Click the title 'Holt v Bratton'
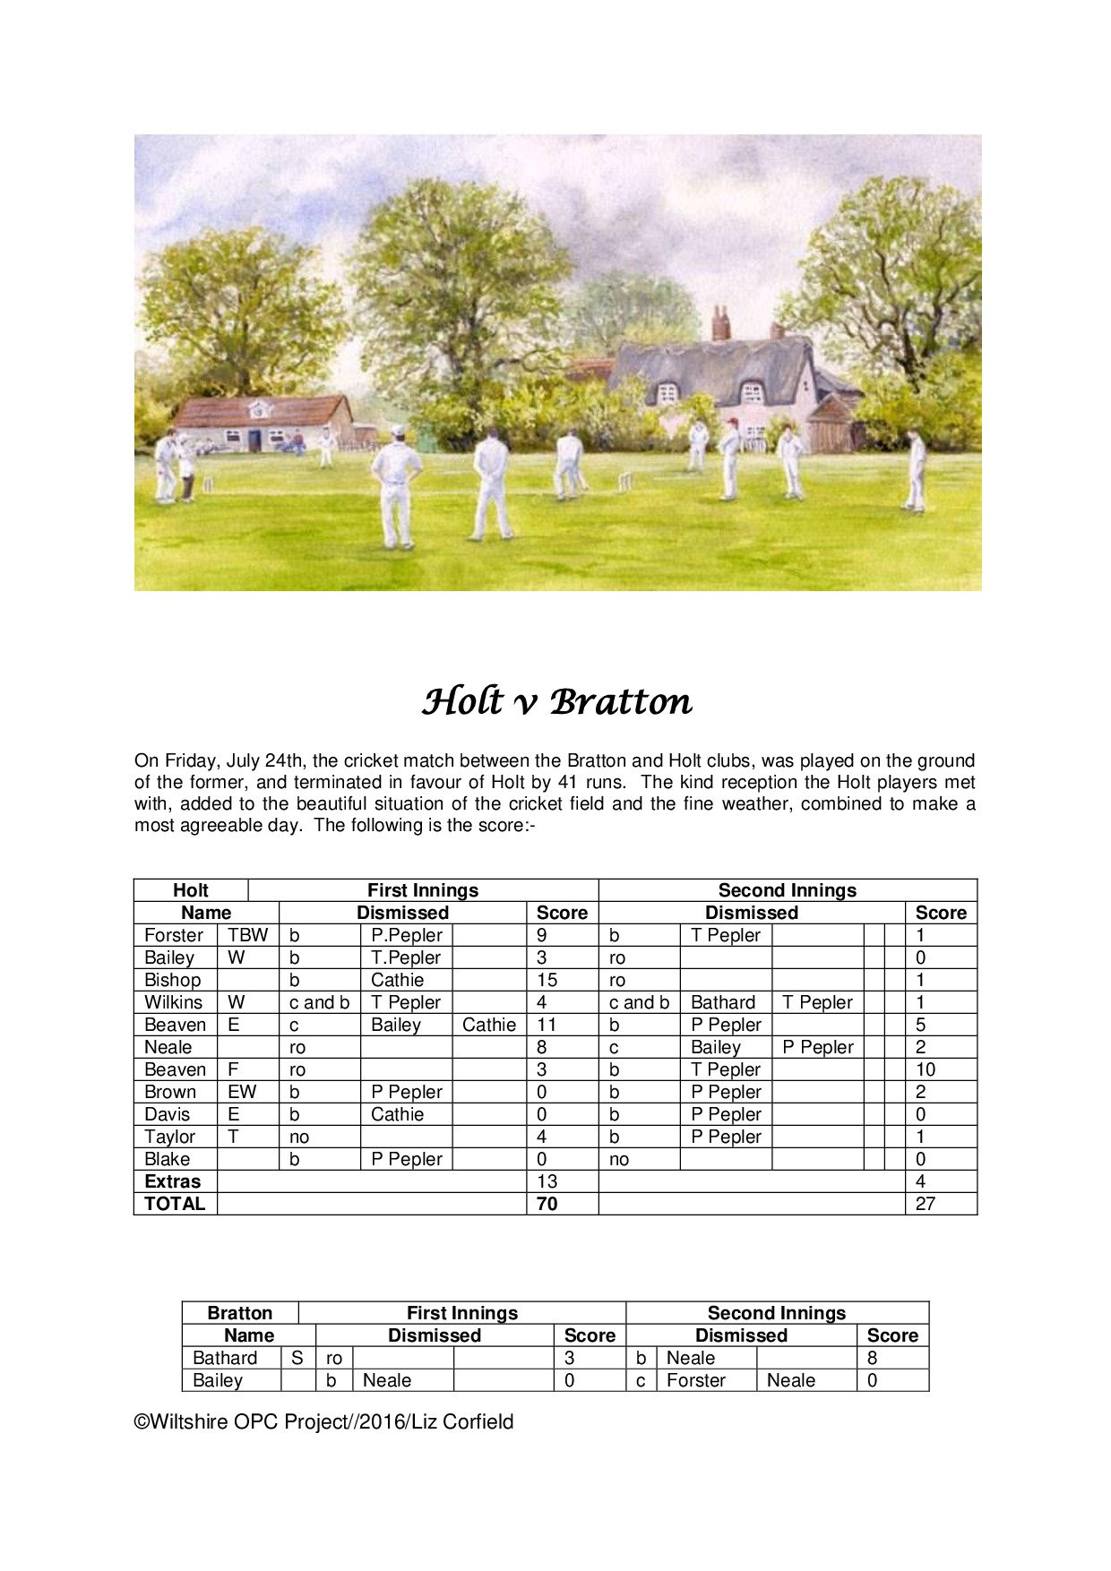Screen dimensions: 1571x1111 [x=556, y=701]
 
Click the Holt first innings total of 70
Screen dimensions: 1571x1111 [x=547, y=1204]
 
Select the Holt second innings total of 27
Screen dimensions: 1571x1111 [x=925, y=1204]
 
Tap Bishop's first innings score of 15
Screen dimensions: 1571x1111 [x=547, y=980]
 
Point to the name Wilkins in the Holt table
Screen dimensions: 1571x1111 [x=173, y=1002]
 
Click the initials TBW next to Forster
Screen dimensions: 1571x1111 [x=247, y=935]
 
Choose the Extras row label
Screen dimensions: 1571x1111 [x=172, y=1181]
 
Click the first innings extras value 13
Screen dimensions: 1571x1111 [x=547, y=1181]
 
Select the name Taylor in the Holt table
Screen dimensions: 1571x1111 [x=169, y=1137]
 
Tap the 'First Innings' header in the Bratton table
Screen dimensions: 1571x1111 [x=461, y=1313]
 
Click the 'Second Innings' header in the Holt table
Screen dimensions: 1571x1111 [x=787, y=890]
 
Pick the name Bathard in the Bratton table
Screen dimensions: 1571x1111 [x=224, y=1358]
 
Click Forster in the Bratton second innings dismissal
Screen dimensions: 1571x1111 [x=695, y=1380]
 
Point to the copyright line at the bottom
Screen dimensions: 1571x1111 [x=323, y=1421]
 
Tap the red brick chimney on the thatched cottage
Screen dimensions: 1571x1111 [x=720, y=324]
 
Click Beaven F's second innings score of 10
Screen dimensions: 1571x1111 [x=925, y=1069]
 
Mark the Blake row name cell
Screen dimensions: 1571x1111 [x=167, y=1159]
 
